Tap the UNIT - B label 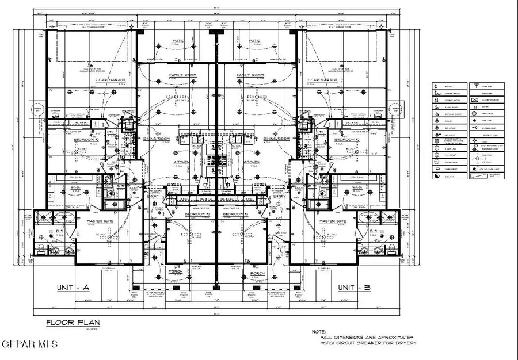click(355, 288)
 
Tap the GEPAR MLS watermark click(22, 344)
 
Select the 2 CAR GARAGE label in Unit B click(322, 81)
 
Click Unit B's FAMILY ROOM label click(250, 75)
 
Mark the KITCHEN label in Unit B click(251, 163)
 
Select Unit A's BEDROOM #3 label click(197, 214)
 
